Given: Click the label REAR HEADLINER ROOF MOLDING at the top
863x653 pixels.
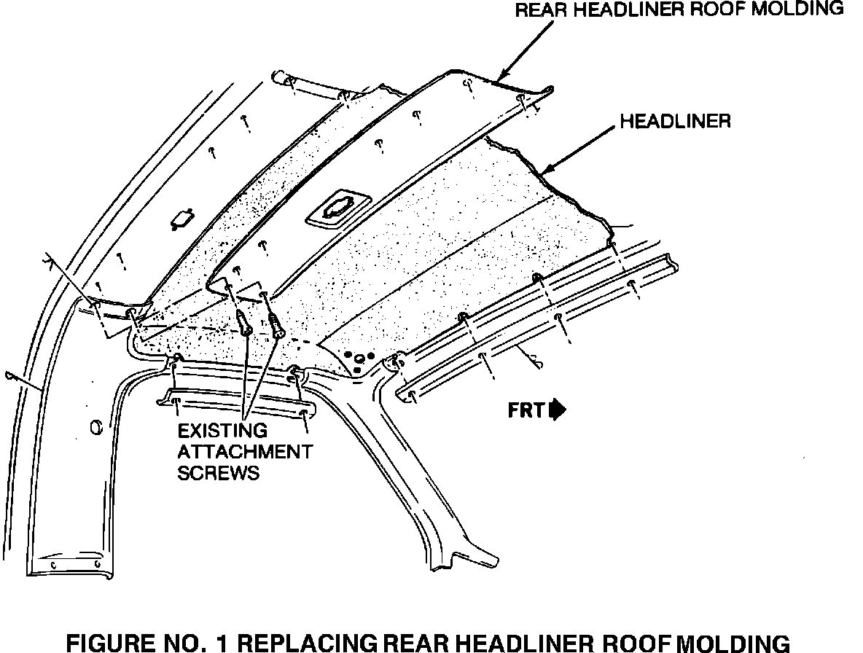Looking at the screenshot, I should [x=679, y=9].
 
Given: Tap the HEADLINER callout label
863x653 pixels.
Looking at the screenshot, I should [x=675, y=121].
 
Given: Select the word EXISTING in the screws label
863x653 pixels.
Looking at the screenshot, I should [x=222, y=431].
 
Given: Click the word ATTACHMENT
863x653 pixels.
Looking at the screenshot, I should [x=245, y=452].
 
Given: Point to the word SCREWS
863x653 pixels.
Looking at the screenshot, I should [x=219, y=473].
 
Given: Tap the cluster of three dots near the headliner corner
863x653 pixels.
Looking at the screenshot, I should [x=359, y=359].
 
